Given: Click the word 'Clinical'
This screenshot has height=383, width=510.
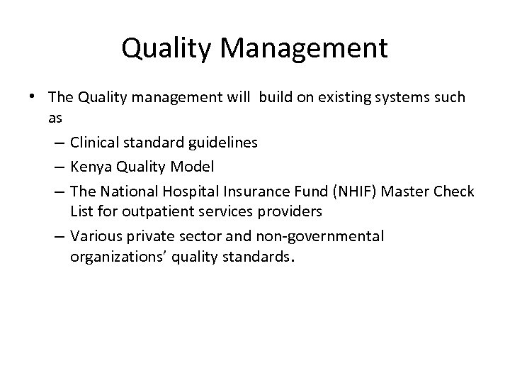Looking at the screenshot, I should click(96, 143).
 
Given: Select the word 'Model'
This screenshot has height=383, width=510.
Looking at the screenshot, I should click(193, 166).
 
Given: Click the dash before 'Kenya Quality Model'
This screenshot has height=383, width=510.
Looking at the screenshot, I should click(58, 166).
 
